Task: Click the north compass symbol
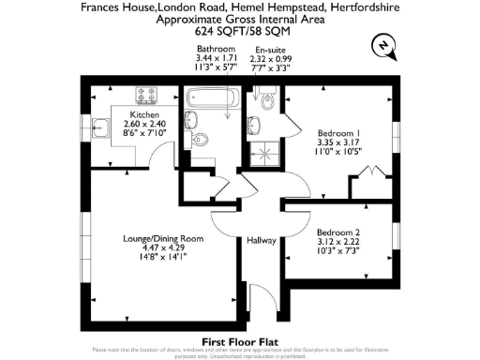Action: (383, 45)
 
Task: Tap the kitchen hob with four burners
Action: (147, 96)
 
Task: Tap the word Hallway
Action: (261, 241)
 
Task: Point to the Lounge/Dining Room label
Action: (164, 240)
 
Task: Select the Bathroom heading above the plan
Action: (215, 49)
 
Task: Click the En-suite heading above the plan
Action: (270, 49)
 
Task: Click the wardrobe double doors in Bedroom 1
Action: (368, 172)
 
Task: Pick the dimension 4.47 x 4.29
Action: (164, 249)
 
